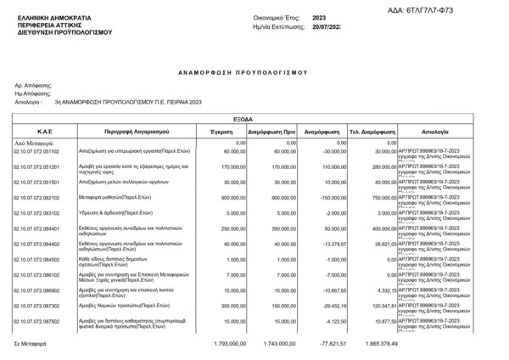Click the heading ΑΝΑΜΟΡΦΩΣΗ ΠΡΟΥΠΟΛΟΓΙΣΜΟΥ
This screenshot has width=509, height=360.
coord(254,75)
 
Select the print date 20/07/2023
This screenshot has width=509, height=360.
coord(325,28)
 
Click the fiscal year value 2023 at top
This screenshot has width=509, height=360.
coord(319,17)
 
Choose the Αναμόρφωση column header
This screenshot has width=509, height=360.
coord(322,132)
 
